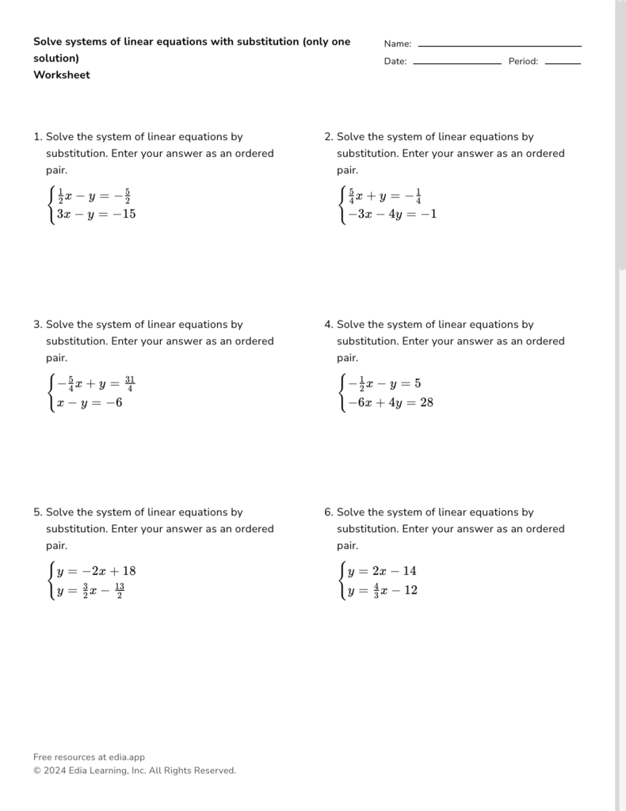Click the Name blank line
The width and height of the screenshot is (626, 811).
point(499,46)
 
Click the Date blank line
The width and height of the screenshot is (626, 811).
point(457,63)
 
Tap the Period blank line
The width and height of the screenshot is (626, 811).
point(563,63)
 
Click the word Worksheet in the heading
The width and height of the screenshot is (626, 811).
point(62,75)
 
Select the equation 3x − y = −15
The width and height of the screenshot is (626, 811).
point(96,214)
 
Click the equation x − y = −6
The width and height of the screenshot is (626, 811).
point(89,402)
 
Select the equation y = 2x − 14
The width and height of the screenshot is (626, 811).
point(382,571)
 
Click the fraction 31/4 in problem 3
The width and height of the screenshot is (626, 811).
point(129,384)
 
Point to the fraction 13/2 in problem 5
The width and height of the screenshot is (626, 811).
point(119,591)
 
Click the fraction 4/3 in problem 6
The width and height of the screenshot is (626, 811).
point(376,591)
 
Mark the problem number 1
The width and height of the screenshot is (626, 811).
point(37,137)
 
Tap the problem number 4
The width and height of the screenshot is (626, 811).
point(328,325)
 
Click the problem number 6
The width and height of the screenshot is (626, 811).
point(328,512)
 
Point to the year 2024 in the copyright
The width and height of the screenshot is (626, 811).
point(55,771)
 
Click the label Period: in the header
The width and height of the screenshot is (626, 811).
point(523,62)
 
